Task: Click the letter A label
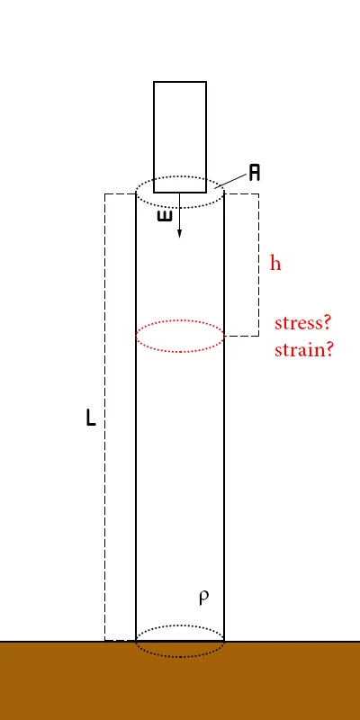[x=255, y=173]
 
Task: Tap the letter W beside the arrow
[x=165, y=216]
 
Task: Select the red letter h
[x=275, y=263]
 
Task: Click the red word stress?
[x=302, y=323]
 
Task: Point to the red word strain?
[x=303, y=350]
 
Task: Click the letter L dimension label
[x=91, y=418]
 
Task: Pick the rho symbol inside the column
[x=204, y=597]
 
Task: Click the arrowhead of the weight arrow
[x=179, y=233]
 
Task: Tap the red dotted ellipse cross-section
[x=180, y=320]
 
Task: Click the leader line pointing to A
[x=230, y=181]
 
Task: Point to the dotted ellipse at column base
[x=180, y=657]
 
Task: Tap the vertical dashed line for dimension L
[x=105, y=417]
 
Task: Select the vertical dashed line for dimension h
[x=258, y=265]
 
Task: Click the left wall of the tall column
[x=136, y=417]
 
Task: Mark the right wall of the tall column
[x=224, y=417]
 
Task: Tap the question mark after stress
[x=327, y=322]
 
